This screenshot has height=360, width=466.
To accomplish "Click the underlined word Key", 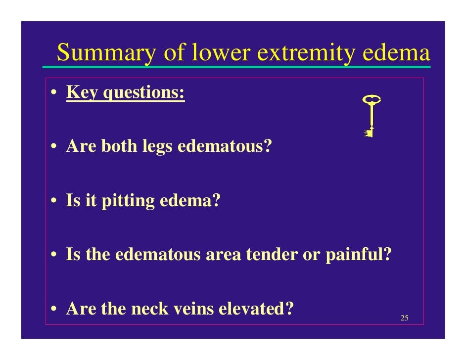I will coord(82,92).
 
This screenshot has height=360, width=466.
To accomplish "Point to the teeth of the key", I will coord(368,133).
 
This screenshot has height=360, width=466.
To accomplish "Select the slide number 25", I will coord(404,317).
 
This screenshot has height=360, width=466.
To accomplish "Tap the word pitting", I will coord(128,202).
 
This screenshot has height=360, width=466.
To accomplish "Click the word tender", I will coord(275,255).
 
